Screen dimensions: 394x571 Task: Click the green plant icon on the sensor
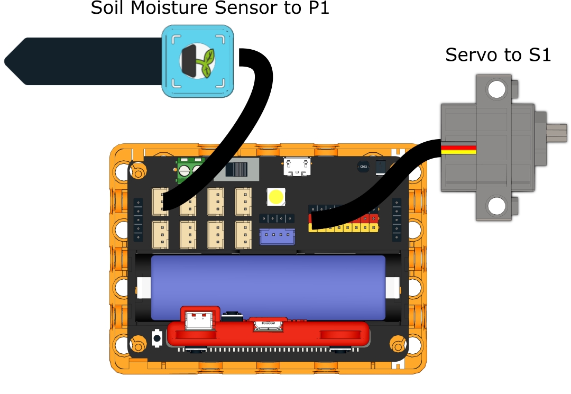click(205, 61)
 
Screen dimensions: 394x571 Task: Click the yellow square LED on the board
click(276, 197)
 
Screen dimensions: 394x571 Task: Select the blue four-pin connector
click(277, 236)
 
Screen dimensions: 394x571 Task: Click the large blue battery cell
click(269, 287)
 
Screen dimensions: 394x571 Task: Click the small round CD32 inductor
click(363, 167)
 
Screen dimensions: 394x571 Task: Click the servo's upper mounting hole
click(496, 90)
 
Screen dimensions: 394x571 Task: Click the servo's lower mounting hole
click(496, 206)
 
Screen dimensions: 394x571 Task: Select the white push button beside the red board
click(157, 337)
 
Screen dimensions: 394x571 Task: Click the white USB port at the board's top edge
click(297, 166)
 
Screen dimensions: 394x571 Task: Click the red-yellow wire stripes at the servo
click(459, 149)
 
